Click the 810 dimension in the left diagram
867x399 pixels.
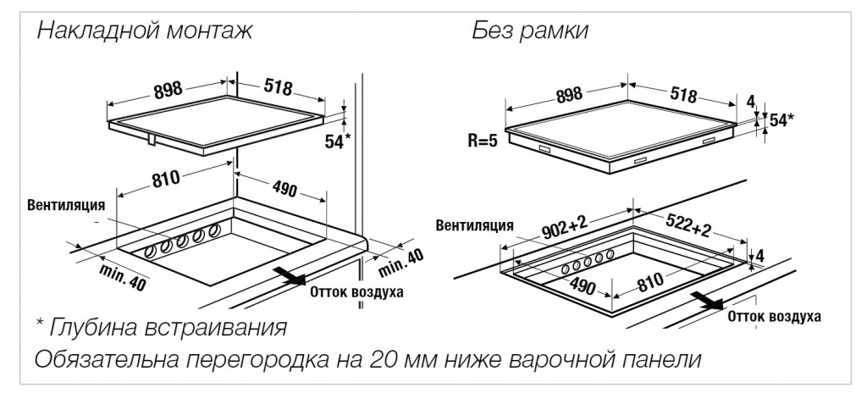(167, 178)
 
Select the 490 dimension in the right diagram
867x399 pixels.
(583, 285)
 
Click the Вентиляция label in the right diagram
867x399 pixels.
(475, 225)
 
